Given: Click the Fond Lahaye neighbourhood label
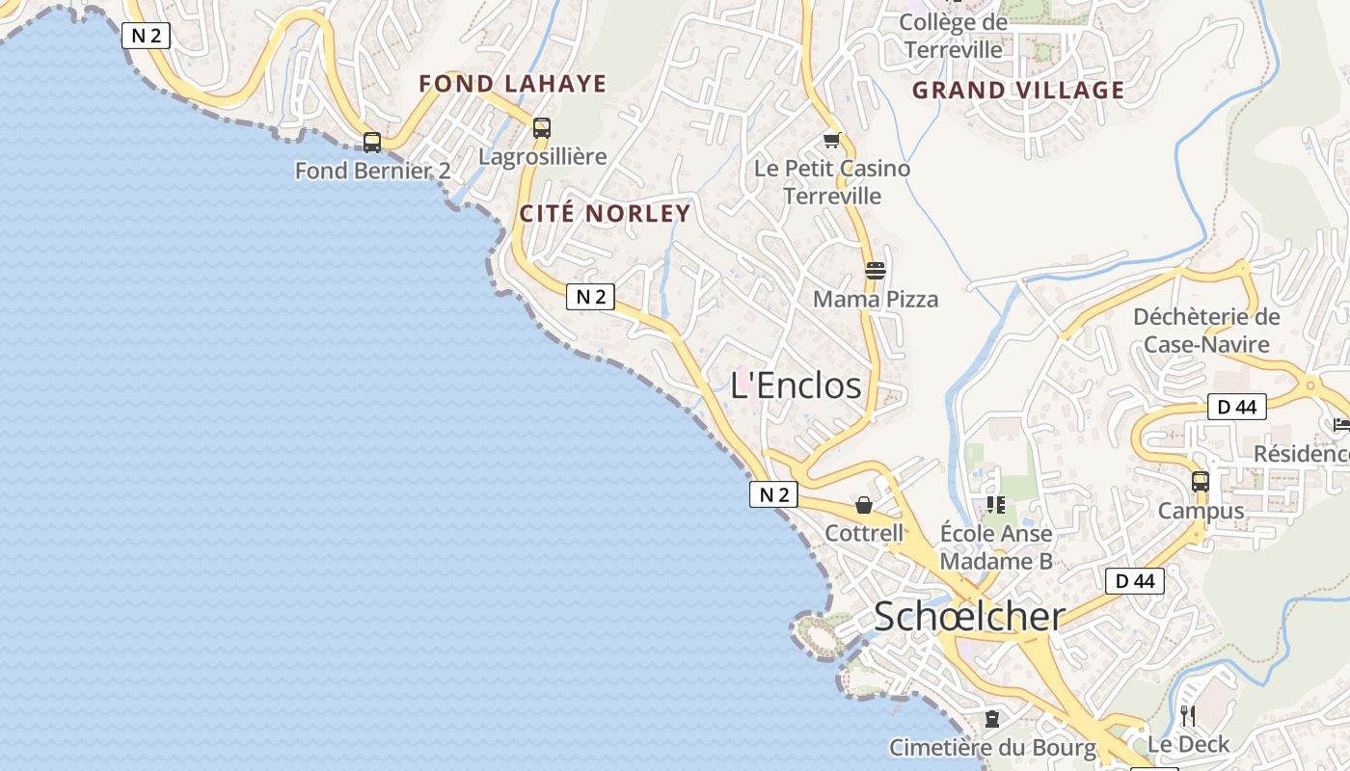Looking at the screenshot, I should click(513, 84).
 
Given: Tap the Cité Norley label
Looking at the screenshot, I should click(606, 214).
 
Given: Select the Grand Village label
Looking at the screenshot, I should click(1018, 91).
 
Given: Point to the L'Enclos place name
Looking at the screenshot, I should click(796, 385).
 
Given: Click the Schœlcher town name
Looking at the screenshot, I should click(969, 617).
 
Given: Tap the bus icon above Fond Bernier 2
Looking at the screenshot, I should click(372, 143).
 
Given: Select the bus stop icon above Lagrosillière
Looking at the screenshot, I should click(542, 128).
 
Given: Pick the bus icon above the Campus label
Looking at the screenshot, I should click(1201, 482).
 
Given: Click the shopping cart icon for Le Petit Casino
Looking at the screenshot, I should click(832, 141).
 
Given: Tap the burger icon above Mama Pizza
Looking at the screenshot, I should click(876, 271).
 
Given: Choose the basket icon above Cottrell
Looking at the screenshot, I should click(864, 505).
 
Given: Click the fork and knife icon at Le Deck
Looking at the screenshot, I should click(1188, 715).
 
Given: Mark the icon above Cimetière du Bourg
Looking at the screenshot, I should click(991, 719).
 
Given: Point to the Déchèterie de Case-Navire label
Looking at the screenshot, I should click(1206, 331).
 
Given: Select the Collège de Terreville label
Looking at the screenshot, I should click(953, 35).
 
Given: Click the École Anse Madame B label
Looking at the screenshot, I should click(996, 546).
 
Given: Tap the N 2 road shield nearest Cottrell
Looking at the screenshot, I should click(774, 495).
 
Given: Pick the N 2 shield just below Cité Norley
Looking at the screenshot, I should click(590, 297).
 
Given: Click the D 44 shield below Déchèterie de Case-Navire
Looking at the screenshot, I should click(1237, 407).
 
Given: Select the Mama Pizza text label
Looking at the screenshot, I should click(876, 300).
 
